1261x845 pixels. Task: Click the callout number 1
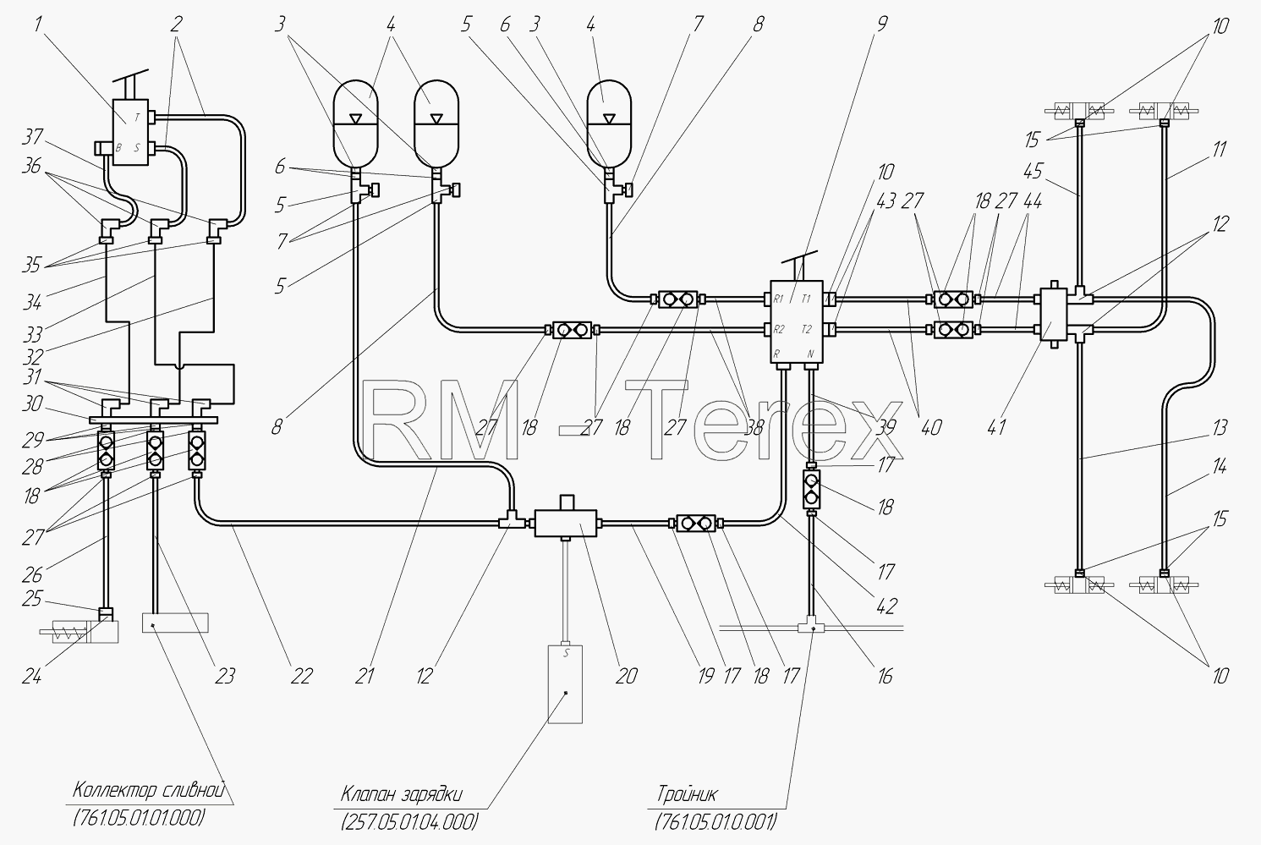click(x=38, y=25)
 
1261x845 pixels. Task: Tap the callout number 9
click(x=881, y=24)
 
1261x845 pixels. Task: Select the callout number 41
click(x=995, y=428)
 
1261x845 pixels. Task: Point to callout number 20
click(x=626, y=676)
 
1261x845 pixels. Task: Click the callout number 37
click(x=33, y=137)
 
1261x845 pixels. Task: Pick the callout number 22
click(x=300, y=676)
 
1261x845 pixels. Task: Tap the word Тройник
click(x=687, y=794)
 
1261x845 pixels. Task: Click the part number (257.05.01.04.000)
click(x=410, y=822)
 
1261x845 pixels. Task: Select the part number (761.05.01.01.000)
click(x=138, y=817)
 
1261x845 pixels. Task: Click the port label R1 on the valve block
click(x=778, y=299)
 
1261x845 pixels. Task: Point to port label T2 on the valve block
click(x=807, y=330)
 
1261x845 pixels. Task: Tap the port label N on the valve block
click(x=810, y=354)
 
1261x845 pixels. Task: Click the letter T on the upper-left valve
click(x=137, y=118)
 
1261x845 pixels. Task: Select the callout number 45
click(x=1033, y=171)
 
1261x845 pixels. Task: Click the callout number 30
click(x=32, y=403)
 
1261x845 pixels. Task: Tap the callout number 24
click(x=32, y=676)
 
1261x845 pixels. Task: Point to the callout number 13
click(x=1219, y=428)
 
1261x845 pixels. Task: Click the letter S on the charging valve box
click(x=567, y=653)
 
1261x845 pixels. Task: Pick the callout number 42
click(x=885, y=606)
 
